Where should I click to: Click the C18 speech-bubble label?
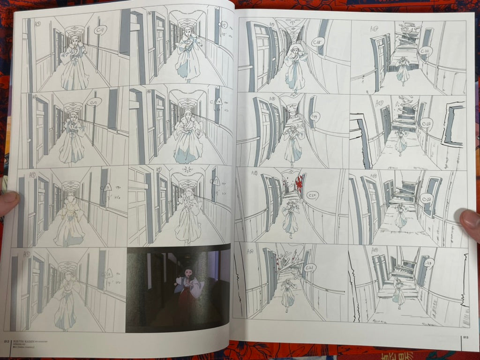click(318, 42)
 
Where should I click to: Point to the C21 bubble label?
click(309, 267)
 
